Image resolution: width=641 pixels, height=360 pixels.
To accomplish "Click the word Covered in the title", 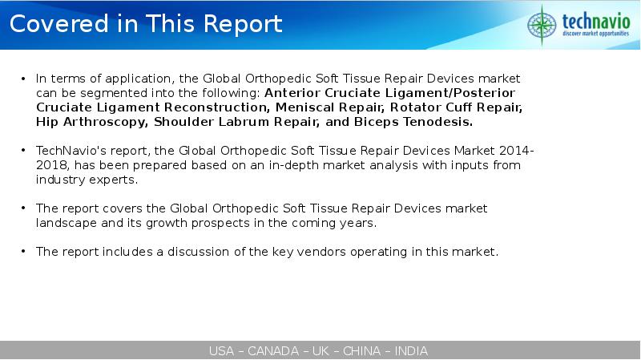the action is (59, 23).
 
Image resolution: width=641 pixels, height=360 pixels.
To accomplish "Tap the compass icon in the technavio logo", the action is (542, 25).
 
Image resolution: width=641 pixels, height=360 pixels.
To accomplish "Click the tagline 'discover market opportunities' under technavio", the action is (595, 34).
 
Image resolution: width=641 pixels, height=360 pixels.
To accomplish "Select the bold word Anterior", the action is (292, 93).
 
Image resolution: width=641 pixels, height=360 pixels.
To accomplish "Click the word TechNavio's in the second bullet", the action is (71, 151).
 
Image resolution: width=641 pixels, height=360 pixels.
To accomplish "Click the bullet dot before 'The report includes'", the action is (23, 251).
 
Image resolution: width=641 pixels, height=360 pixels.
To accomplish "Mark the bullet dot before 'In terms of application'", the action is (23, 78).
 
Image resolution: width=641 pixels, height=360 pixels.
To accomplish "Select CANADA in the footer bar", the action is (273, 351).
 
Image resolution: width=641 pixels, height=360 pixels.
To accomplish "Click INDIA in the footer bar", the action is (411, 351).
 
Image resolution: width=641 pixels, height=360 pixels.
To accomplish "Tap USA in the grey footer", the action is (221, 351).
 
